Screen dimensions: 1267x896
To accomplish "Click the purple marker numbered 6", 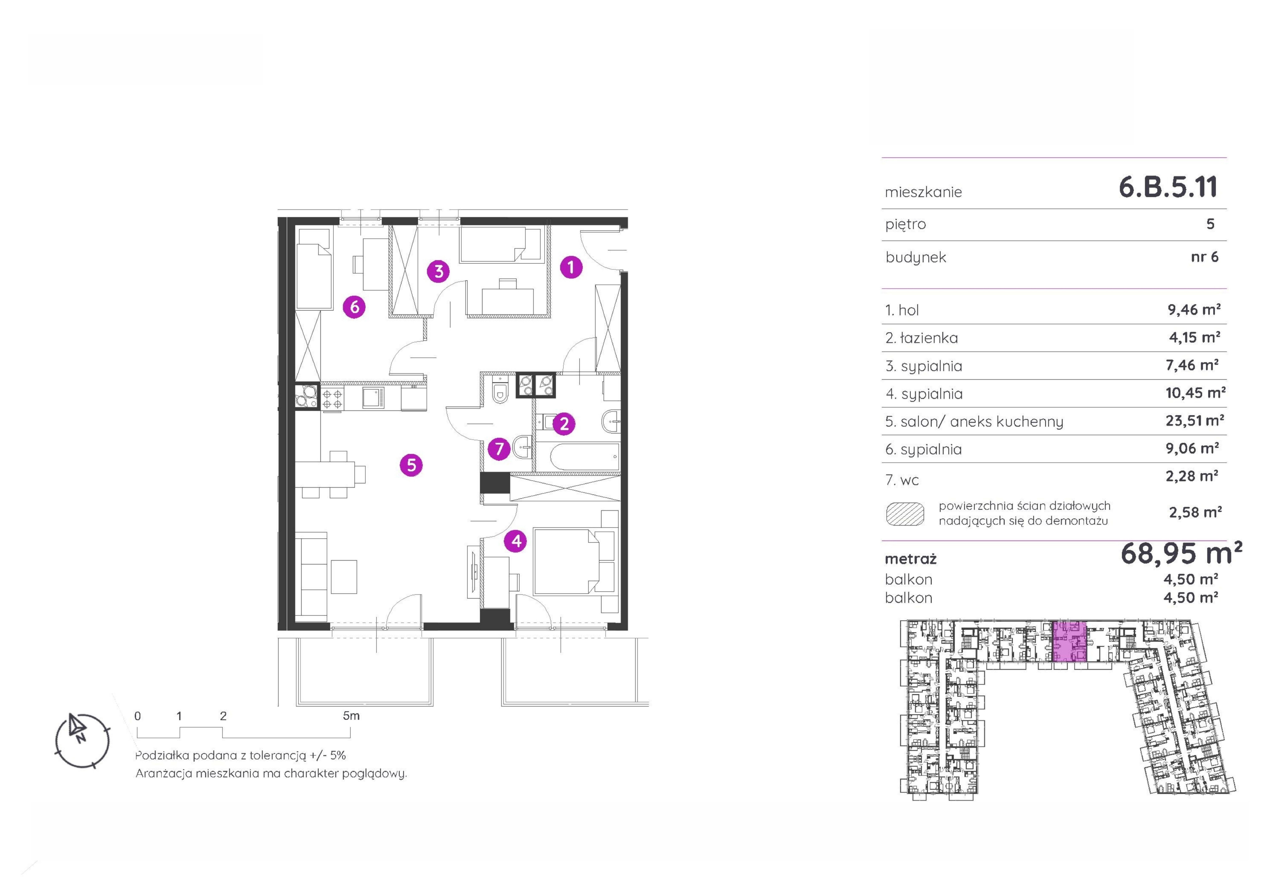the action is tap(354, 306).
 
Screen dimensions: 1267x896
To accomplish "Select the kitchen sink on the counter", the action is tap(374, 398).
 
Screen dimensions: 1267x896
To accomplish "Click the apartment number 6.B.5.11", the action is tap(1168, 187).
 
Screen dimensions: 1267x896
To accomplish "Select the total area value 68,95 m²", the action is tap(1181, 554).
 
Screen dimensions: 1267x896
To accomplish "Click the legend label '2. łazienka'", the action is tap(922, 338).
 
